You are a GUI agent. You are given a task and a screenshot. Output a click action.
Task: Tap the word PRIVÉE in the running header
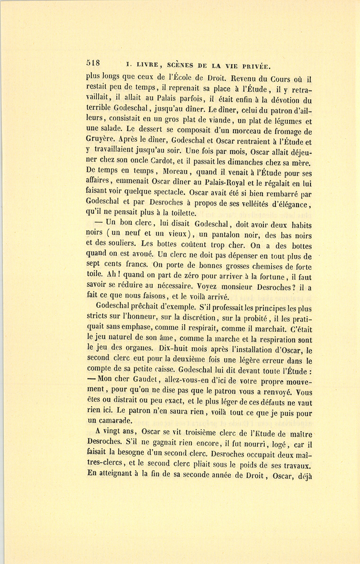(255, 65)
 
